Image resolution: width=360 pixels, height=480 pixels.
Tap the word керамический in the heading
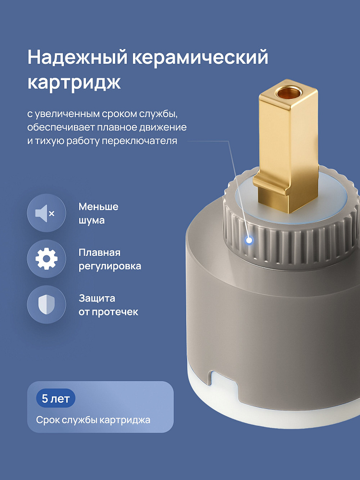point(200,57)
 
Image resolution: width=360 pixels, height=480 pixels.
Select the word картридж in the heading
point(74,83)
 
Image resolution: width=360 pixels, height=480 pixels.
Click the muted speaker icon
point(46,213)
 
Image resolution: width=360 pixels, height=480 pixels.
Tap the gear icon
point(46,259)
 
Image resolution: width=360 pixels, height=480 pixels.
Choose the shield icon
point(46,305)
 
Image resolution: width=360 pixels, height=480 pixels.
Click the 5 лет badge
point(56,398)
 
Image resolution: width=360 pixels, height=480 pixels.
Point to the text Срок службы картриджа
point(93,420)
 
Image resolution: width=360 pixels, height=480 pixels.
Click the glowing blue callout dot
point(249,240)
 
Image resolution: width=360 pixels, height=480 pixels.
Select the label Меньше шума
point(98,214)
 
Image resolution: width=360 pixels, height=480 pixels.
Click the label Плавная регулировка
point(109,259)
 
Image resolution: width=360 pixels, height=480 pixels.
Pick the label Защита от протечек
point(108,305)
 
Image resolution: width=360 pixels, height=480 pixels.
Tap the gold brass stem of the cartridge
point(286,144)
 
